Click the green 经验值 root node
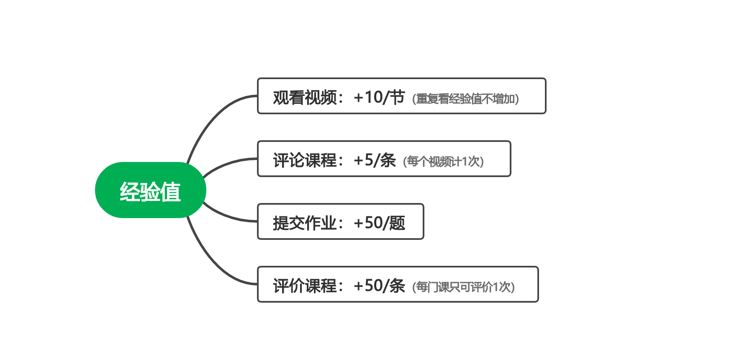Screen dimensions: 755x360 151,190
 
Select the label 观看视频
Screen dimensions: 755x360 305,98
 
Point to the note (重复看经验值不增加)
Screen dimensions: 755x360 465,99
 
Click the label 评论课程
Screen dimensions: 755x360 305,160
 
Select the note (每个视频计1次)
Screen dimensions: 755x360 443,162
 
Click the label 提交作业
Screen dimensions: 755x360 305,223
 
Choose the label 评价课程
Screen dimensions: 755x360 305,286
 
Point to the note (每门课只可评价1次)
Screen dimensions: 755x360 463,287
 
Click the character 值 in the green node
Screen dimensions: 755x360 171,192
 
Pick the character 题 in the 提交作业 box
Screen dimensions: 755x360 397,223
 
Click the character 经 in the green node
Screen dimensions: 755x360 130,192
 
